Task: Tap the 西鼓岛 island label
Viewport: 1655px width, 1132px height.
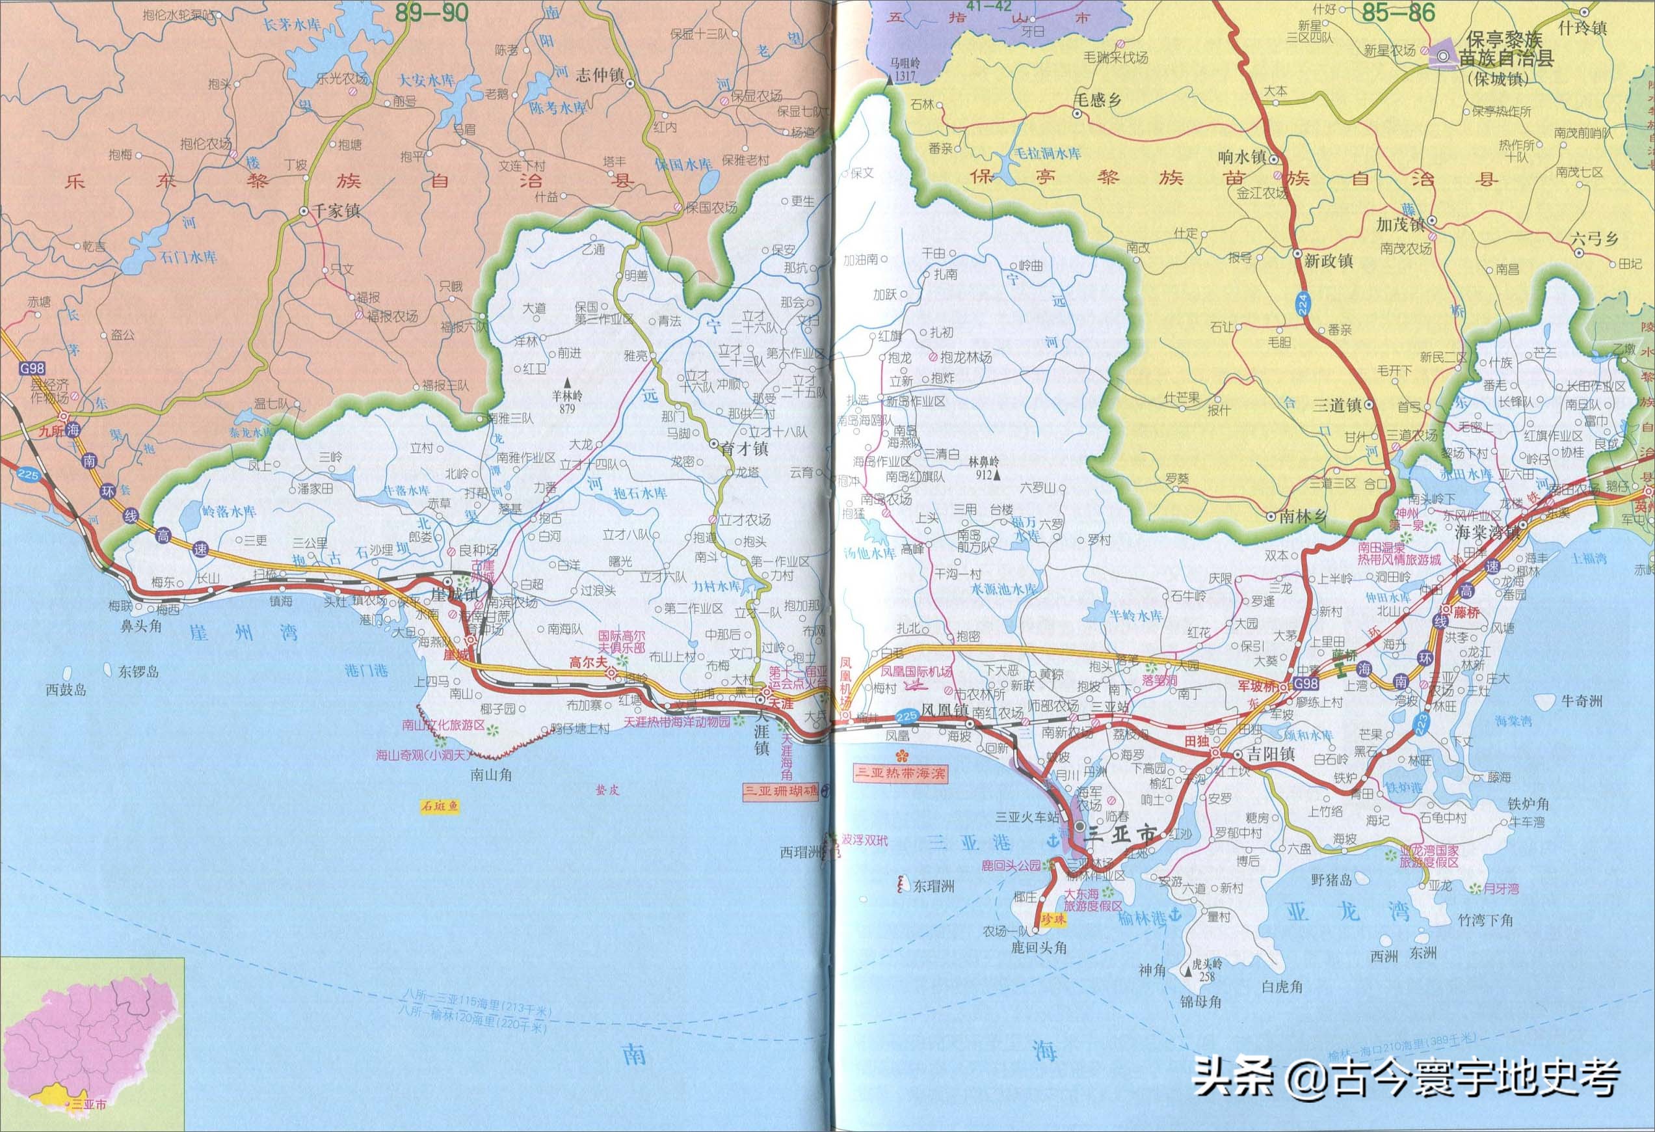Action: click(66, 689)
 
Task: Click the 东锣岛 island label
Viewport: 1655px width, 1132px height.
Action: click(139, 671)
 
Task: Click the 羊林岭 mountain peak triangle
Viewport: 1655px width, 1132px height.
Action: click(568, 382)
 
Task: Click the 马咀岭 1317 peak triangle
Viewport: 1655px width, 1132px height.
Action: click(890, 81)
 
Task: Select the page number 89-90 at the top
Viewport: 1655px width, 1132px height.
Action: click(432, 12)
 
